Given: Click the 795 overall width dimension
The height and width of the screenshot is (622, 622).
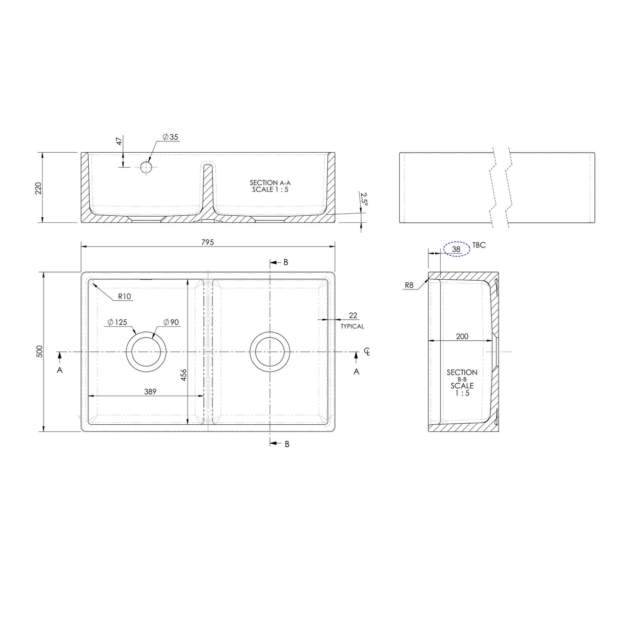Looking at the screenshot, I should coord(208,241).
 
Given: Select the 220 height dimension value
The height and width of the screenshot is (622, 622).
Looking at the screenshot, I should coord(38,188).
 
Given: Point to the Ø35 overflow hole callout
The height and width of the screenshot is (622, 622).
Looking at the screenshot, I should coord(170,137).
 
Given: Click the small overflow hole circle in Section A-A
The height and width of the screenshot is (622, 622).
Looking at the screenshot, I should coord(146,167).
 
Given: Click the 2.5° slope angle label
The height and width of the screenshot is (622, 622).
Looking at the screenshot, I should coord(364,199).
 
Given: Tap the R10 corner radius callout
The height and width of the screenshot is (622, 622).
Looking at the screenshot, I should coord(125,296).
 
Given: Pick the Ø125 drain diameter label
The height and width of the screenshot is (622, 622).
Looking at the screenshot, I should coord(117,322).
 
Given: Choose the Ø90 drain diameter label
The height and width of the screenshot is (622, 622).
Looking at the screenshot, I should coord(171,322).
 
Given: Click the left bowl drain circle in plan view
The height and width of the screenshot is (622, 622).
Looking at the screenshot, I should coord(147,352).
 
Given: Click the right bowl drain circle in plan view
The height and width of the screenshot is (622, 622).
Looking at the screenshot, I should coord(269,352).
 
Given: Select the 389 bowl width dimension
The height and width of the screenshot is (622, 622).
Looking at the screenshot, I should coord(150,391).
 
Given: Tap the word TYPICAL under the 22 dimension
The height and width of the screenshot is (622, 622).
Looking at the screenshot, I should coord(353,326).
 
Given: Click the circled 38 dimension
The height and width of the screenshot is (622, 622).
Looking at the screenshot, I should coord(456,249).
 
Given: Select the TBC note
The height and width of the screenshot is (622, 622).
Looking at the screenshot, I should coord(479,245).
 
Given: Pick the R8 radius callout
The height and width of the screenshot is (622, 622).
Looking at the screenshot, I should coord(409,284).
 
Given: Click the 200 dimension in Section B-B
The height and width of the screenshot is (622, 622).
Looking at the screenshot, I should coord(462,336).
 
